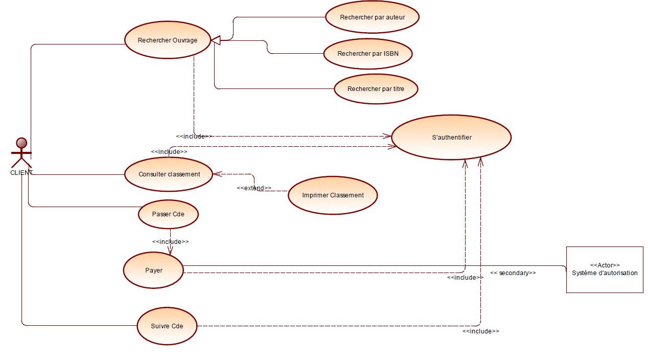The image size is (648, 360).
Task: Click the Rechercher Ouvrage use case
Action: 168,40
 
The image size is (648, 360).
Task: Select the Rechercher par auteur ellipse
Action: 373,17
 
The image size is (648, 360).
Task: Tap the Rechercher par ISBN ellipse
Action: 368,54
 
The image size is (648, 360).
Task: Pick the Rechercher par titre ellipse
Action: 376,89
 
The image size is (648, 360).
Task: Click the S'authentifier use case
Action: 451,137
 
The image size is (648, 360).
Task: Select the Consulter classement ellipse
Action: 169,174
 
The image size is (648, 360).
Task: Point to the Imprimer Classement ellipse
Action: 333,195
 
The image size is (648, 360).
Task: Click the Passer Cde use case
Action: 168,214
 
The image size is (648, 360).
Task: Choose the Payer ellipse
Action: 153,271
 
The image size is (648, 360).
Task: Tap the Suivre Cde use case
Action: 167,326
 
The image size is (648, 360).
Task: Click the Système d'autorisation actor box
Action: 605,269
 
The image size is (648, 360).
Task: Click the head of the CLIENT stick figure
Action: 21,143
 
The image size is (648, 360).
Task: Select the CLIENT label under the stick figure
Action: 21,173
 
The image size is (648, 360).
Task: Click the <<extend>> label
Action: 254,188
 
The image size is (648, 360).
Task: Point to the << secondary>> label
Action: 513,273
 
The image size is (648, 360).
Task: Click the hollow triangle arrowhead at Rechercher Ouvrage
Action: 216,40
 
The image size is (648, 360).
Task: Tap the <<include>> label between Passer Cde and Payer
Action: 170,242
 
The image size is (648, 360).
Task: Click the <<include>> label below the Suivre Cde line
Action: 481,331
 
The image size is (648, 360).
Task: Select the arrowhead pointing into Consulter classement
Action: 218,174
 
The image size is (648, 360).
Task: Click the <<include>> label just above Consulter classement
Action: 169,152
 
